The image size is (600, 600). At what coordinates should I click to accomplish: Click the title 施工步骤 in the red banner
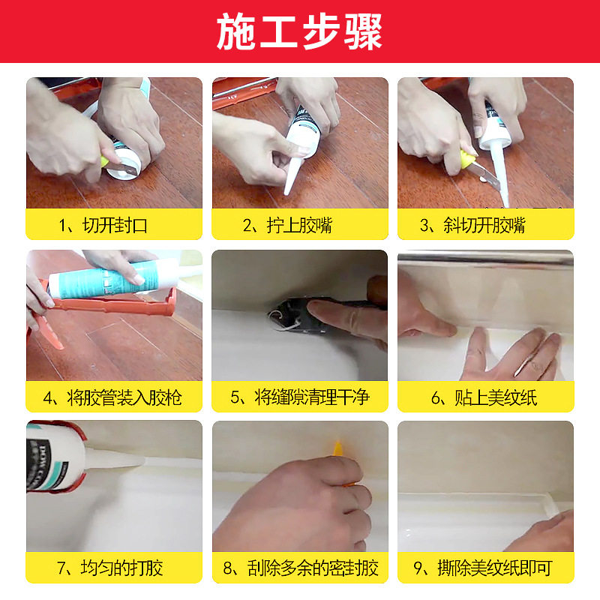click(x=299, y=31)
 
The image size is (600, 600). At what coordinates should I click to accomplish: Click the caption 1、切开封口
click(x=103, y=225)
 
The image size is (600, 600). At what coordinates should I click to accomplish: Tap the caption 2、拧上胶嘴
click(x=288, y=225)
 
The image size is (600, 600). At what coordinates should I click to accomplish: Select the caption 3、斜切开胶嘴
click(x=472, y=225)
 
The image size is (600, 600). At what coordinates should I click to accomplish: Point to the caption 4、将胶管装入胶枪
click(x=112, y=397)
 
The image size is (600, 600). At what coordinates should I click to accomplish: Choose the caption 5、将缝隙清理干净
click(x=300, y=397)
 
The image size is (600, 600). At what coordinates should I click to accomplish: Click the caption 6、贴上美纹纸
click(x=484, y=397)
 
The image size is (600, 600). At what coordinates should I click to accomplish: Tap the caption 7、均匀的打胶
click(x=110, y=568)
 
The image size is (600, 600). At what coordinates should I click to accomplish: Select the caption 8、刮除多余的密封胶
click(x=301, y=568)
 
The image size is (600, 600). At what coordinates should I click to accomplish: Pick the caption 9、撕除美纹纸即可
click(x=483, y=568)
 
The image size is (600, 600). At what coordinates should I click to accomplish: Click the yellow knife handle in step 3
click(x=467, y=158)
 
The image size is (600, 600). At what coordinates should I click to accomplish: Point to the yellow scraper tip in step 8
click(x=337, y=448)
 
